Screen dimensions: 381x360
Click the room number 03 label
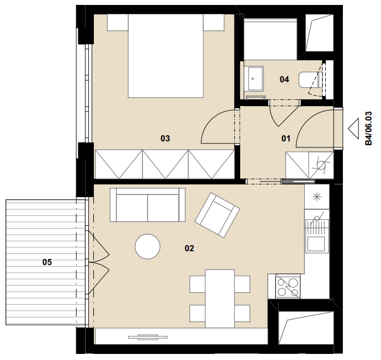click(165, 139)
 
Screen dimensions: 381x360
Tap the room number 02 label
click(189, 248)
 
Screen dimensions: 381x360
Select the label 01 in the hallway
click(286, 139)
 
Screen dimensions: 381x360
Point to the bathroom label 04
click(284, 79)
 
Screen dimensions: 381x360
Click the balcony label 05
click(47, 262)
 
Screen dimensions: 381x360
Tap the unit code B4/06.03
click(369, 128)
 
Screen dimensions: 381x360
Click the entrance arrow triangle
click(353, 129)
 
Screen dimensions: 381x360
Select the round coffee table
click(147, 247)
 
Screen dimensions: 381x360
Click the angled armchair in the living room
click(217, 215)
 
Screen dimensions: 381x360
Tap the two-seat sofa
click(147, 205)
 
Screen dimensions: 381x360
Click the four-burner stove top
click(288, 286)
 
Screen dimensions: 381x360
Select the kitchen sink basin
click(316, 243)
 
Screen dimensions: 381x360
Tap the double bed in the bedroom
click(166, 56)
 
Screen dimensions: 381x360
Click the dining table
click(220, 299)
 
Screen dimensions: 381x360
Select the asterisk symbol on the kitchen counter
click(316, 197)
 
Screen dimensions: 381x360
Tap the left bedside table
click(118, 22)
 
